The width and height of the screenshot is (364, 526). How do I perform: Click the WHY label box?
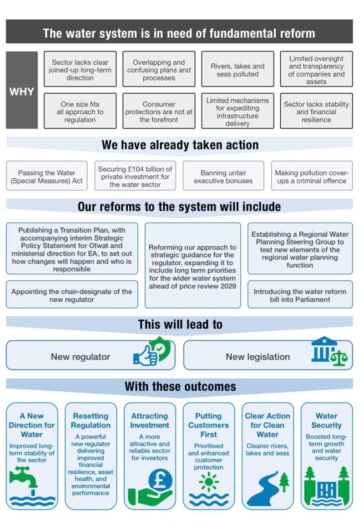21,90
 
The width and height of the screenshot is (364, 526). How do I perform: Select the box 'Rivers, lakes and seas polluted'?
238,70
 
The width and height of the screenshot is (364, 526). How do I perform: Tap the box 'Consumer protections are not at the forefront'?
158,112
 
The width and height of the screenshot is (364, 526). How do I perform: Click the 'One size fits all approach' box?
80,112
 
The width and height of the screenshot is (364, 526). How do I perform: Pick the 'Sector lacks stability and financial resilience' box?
316,112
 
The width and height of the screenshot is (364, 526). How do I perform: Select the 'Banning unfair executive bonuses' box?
223,177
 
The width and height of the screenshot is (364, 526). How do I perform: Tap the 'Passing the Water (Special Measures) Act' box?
47,177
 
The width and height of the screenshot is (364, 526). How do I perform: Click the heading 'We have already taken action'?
180,145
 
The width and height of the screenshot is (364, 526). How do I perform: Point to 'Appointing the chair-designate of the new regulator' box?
72,295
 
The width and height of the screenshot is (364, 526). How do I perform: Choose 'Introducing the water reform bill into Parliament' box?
300,295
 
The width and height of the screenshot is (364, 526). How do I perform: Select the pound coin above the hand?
160,480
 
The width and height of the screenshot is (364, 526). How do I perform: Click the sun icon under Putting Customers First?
208,482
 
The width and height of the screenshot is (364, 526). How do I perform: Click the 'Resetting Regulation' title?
91,421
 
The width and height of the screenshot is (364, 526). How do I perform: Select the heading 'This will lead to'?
180,324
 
